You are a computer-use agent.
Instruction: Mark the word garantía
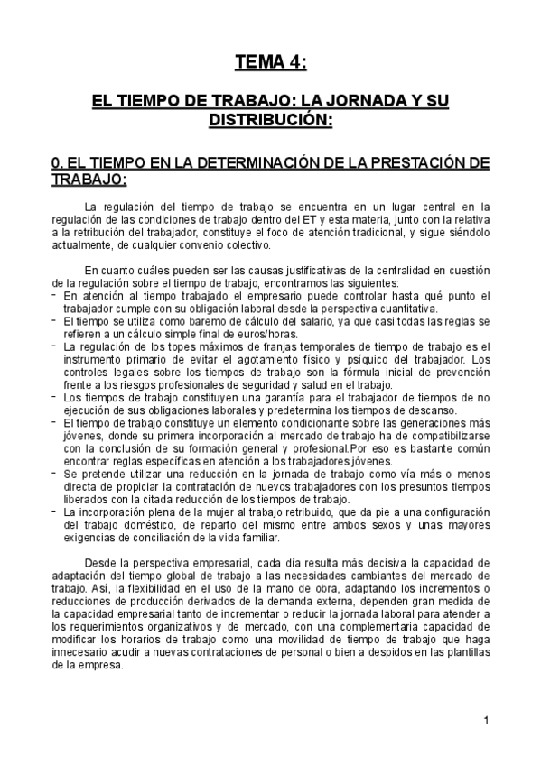tap(229, 397)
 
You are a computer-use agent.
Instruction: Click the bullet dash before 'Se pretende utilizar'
tap(54, 473)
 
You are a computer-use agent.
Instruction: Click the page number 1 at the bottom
tap(486, 720)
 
